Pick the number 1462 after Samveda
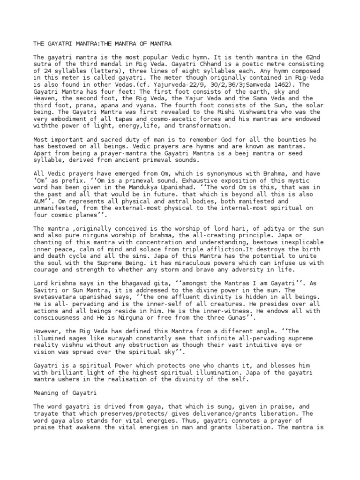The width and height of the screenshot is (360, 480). point(286,85)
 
